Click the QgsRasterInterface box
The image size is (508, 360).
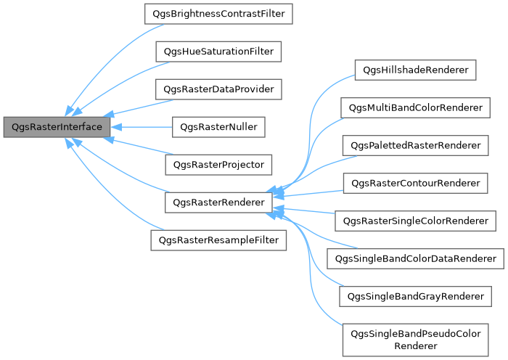pos(57,127)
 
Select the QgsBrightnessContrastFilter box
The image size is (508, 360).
pos(218,14)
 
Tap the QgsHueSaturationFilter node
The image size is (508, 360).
pos(218,52)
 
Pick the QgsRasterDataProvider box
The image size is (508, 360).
pos(218,89)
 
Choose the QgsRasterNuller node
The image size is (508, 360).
pos(218,127)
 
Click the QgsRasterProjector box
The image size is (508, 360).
pos(218,165)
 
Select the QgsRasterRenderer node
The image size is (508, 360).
pos(218,202)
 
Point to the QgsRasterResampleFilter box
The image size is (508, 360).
pos(218,240)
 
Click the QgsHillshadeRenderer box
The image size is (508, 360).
pos(414,70)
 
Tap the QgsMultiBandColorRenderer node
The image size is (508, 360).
pos(414,108)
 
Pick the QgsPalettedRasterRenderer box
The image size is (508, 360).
pos(414,146)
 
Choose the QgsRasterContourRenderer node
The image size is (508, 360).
pos(414,184)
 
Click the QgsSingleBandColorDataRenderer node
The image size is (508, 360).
pos(414,258)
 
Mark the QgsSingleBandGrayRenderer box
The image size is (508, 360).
pos(414,295)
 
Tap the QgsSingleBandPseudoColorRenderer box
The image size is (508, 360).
pos(414,339)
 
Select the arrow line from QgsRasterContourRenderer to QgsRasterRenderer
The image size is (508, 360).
pos(308,193)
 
